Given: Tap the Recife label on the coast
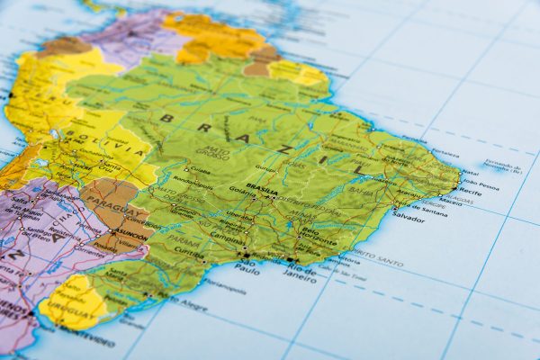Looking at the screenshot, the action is [x=468, y=192].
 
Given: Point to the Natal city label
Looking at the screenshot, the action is [x=470, y=172].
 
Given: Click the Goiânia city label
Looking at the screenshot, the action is [x=240, y=191].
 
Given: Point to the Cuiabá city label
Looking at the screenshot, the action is [x=199, y=168].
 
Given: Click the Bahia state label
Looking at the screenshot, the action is [x=360, y=192].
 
